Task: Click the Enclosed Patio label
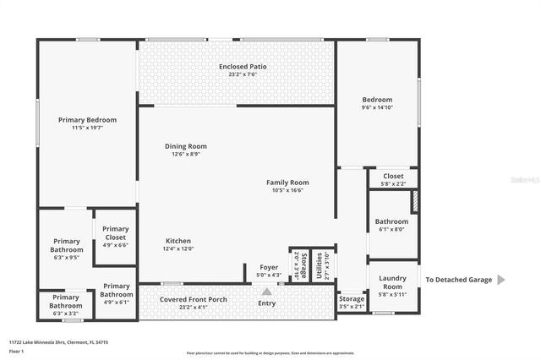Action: [237, 66]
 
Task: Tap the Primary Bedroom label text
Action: [87, 120]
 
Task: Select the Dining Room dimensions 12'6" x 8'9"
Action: [185, 155]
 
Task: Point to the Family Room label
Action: [287, 182]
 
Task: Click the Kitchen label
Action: [178, 241]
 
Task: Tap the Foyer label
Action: [269, 267]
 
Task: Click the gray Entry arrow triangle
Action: [266, 291]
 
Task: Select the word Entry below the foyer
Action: [266, 303]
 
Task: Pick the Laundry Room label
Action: [392, 281]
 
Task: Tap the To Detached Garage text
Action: [457, 280]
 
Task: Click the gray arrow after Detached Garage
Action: [502, 280]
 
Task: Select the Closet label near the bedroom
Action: [394, 176]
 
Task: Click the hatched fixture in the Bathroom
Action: [414, 201]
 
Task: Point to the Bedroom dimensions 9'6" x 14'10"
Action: [378, 107]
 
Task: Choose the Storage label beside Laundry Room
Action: [352, 298]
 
